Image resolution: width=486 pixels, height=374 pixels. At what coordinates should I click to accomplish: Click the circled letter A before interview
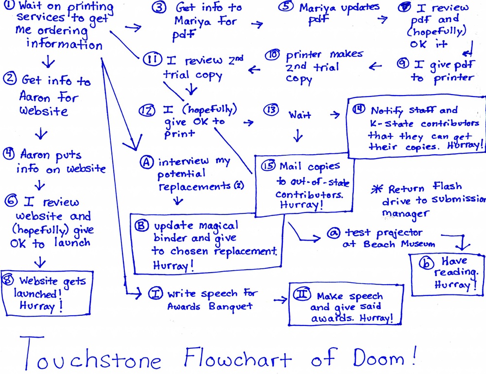(146, 163)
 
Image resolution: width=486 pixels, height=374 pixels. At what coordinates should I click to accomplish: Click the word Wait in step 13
(300, 115)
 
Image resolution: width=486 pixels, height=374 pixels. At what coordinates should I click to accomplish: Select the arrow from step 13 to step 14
(335, 114)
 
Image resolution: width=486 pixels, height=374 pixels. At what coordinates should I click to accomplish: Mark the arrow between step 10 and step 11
(254, 70)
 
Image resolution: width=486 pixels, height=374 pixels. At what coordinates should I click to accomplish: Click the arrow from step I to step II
(280, 300)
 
